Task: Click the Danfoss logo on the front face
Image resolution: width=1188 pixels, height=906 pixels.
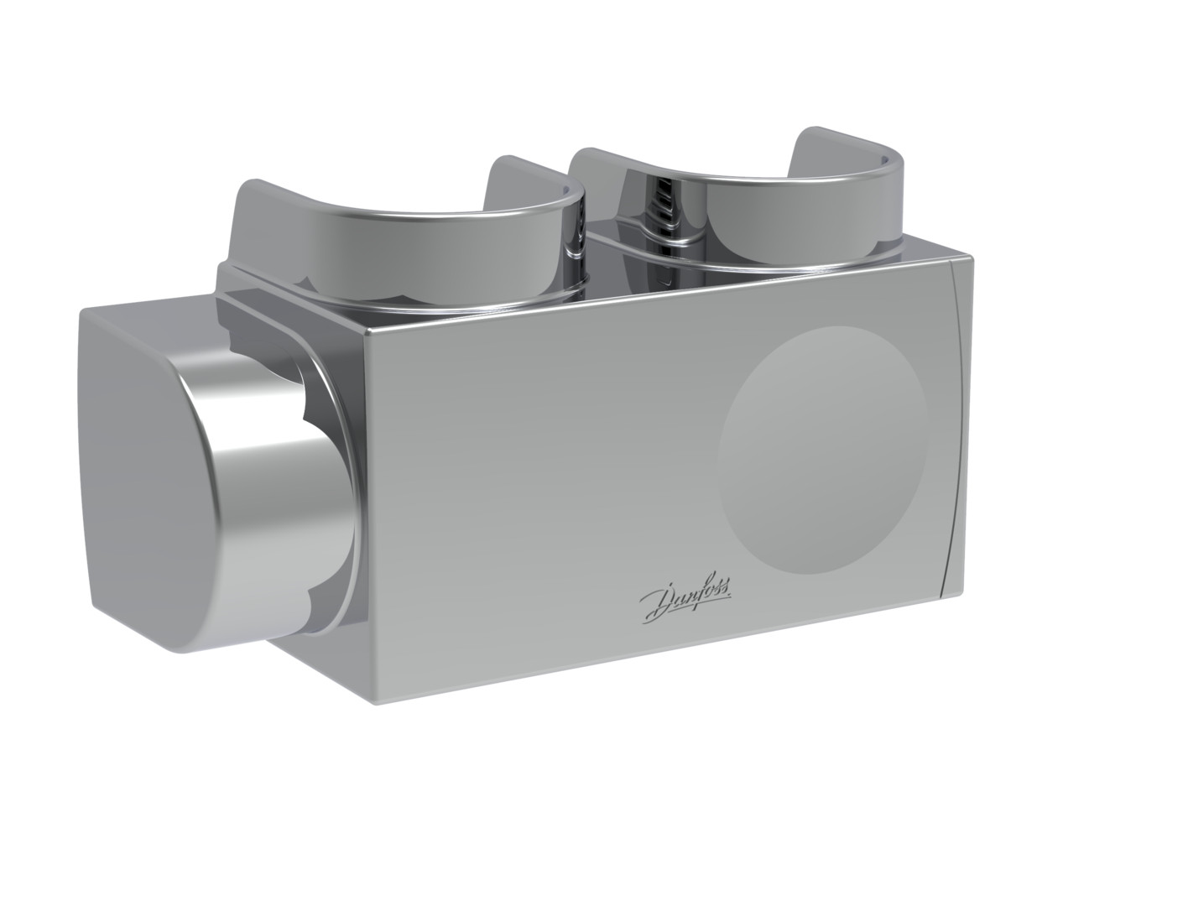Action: [x=685, y=599]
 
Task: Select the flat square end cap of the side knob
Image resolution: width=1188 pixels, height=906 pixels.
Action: [x=146, y=482]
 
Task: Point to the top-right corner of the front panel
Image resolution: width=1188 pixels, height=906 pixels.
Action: [x=972, y=258]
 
